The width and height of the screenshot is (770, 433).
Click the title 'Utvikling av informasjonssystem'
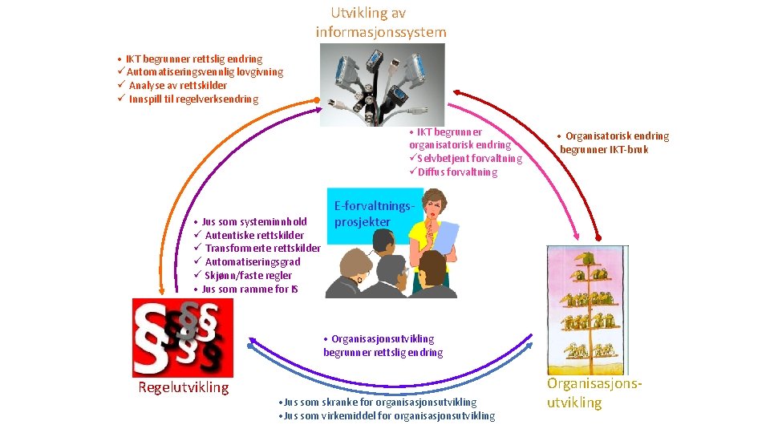(380, 22)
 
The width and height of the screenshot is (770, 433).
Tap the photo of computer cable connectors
(382, 83)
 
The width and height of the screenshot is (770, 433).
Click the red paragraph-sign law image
(183, 338)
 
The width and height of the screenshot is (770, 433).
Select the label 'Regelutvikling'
(184, 388)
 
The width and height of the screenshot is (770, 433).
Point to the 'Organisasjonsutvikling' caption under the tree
(594, 393)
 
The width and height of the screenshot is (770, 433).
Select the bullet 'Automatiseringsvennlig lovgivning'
(205, 72)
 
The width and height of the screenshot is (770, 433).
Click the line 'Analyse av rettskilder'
(177, 85)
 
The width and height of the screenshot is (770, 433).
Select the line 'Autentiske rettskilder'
(254, 236)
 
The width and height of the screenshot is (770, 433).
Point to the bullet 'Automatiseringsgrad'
(253, 262)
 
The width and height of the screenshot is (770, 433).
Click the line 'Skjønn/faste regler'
(248, 276)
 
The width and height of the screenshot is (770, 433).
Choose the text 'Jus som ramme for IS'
(249, 289)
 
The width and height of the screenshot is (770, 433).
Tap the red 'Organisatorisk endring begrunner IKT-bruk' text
(614, 143)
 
